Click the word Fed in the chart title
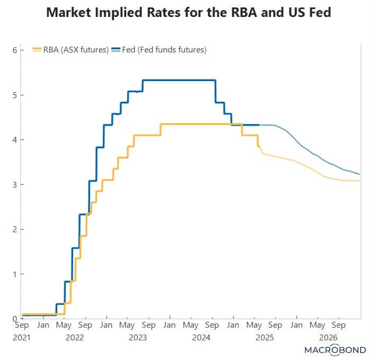pyautogui.click(x=319, y=12)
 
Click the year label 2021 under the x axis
pyautogui.click(x=22, y=337)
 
